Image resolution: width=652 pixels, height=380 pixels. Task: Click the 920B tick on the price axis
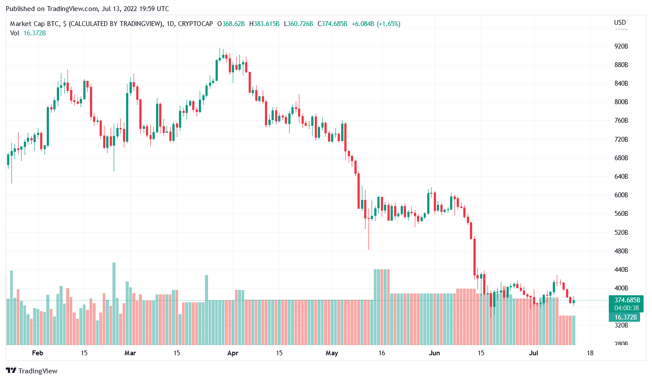[x=621, y=46]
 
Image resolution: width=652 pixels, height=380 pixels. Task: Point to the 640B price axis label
[x=621, y=177]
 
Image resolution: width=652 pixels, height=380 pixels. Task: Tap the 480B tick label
[x=621, y=251]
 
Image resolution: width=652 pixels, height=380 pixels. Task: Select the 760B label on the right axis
[x=621, y=120]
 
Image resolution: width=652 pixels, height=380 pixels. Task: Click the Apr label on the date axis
[x=233, y=353]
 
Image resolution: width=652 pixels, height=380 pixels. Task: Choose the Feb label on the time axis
[x=37, y=353]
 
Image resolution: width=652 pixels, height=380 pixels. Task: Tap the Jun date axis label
[x=434, y=353]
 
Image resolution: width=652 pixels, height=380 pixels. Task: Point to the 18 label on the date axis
[x=590, y=353]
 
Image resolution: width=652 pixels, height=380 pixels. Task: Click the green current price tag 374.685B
[x=627, y=300]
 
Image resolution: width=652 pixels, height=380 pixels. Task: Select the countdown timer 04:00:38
[x=627, y=308]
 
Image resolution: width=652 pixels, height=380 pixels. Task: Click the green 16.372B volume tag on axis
[x=625, y=317]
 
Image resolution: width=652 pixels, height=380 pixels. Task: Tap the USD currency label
[x=620, y=23]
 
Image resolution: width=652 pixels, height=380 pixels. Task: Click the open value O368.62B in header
[x=231, y=24]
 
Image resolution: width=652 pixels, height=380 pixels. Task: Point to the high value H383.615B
[x=264, y=24]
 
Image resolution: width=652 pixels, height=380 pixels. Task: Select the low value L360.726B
[x=298, y=24]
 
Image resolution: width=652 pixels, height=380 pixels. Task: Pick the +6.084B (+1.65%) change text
[x=376, y=24]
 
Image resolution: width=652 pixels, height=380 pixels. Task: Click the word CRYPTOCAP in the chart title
[x=195, y=24]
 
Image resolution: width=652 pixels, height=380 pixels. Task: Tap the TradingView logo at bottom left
[x=32, y=371]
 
